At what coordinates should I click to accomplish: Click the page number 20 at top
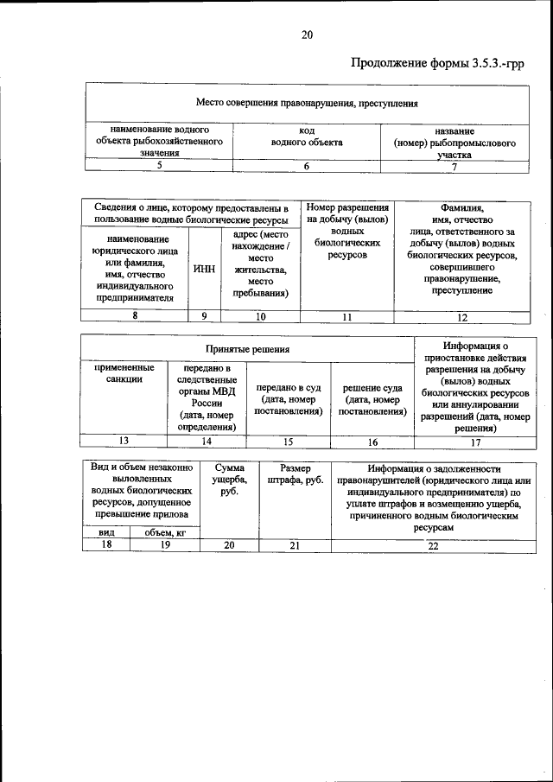[307, 35]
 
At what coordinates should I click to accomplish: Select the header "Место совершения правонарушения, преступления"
[306, 103]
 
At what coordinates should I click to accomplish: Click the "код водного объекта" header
[306, 136]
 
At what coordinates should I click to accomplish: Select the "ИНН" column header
[204, 269]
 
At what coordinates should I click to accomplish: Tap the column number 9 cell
[204, 316]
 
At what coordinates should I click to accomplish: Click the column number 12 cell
[455, 316]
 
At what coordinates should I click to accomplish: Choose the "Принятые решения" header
[247, 348]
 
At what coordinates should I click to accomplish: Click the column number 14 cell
[207, 442]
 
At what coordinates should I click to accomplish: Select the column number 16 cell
[372, 442]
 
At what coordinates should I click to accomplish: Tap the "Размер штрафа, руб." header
[295, 473]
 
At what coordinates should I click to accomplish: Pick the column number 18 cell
[107, 545]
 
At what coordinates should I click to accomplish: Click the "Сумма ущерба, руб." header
[229, 480]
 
